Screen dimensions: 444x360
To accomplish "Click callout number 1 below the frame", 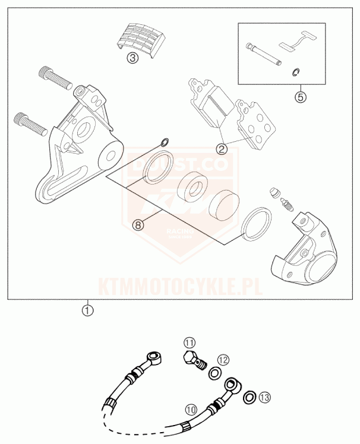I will tap(88, 309).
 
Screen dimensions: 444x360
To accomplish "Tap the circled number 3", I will tap(132, 58).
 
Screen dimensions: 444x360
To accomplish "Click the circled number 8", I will tap(138, 224).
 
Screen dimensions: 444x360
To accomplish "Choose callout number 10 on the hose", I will tap(191, 409).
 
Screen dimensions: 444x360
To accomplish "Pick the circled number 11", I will tap(189, 343).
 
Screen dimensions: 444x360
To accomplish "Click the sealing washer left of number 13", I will tap(250, 396).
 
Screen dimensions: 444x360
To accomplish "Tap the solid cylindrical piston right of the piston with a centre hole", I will tap(223, 206).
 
